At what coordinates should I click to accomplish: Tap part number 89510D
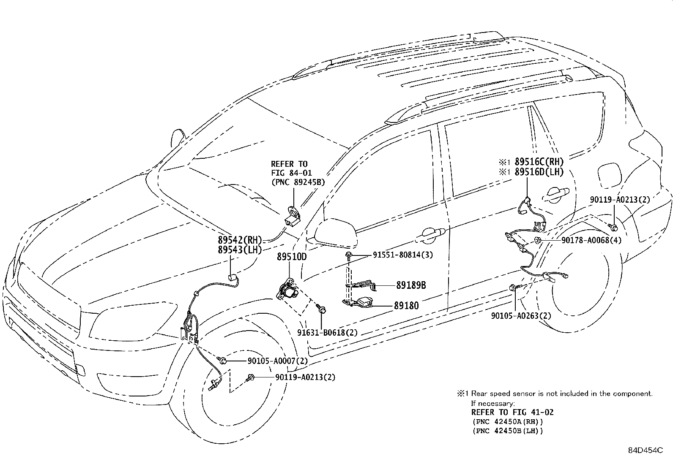(292, 257)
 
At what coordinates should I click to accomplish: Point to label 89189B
(410, 285)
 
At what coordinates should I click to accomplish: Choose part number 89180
(406, 305)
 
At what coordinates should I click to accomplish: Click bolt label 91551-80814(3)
(402, 255)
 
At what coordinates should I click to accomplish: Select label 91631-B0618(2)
(327, 332)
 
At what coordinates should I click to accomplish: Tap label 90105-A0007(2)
(277, 361)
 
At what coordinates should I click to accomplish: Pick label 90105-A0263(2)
(521, 315)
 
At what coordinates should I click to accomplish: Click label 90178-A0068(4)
(591, 240)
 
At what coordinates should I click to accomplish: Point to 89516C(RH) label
(539, 162)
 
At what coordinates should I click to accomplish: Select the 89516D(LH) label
(539, 172)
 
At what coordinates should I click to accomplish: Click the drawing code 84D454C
(644, 450)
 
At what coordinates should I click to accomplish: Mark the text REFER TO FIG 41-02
(512, 412)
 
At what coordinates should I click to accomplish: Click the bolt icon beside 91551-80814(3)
(349, 255)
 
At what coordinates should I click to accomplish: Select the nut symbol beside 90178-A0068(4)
(537, 240)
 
